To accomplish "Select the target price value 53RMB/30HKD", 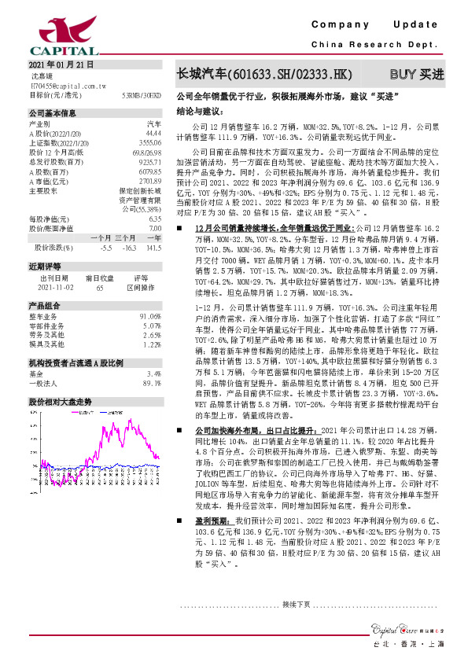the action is (142, 94).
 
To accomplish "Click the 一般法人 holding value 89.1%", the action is (151, 383).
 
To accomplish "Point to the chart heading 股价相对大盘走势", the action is (60, 401).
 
